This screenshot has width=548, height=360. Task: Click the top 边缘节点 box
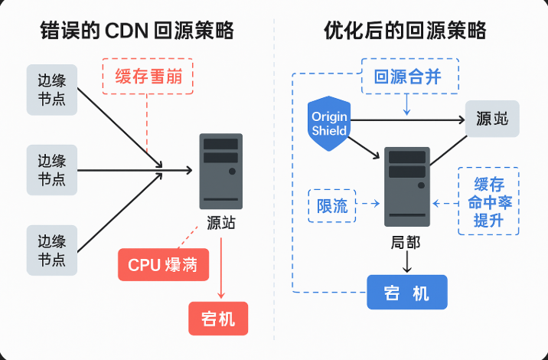[x=52, y=90]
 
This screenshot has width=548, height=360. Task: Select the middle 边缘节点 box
[x=52, y=169]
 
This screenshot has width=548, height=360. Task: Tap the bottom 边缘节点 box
[x=52, y=250]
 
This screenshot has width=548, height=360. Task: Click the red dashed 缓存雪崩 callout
[x=148, y=76]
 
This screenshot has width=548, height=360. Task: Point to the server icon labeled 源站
[x=220, y=171]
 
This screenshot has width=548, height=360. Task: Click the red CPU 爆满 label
[x=162, y=265]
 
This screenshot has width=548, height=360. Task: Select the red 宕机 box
[x=218, y=316]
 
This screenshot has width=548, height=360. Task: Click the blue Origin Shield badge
[x=329, y=123]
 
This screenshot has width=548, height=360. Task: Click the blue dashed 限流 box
[x=332, y=205]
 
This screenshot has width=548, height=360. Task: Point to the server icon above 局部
[x=406, y=186]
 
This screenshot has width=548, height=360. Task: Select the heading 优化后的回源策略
[x=405, y=31]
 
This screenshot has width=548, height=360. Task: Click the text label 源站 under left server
[x=221, y=223]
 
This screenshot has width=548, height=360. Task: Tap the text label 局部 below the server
[x=406, y=242]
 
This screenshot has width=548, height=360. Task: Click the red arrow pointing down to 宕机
[x=221, y=268]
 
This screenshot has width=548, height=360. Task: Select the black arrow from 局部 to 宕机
[x=406, y=263]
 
